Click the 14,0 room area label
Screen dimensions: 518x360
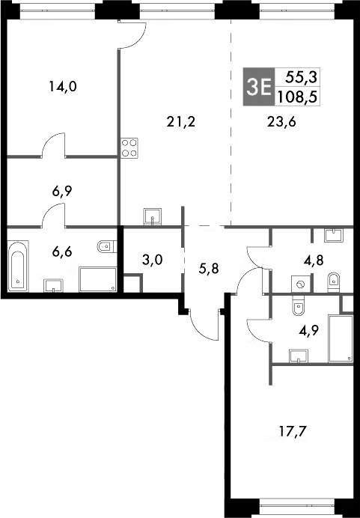[63, 86]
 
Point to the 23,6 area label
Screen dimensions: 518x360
[281, 124]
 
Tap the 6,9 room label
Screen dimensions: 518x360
[62, 192]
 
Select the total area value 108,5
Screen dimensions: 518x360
[298, 96]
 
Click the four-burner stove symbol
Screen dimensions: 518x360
[129, 147]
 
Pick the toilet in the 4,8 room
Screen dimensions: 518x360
[333, 281]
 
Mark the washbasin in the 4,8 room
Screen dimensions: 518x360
[334, 234]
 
